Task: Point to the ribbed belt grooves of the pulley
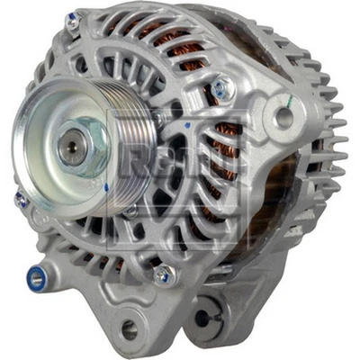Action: pos(135,135)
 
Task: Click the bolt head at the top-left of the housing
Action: pos(72,20)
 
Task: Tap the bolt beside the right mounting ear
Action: pos(219,86)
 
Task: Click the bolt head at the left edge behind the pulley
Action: pos(20,200)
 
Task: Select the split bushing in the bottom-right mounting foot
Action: pos(204,317)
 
